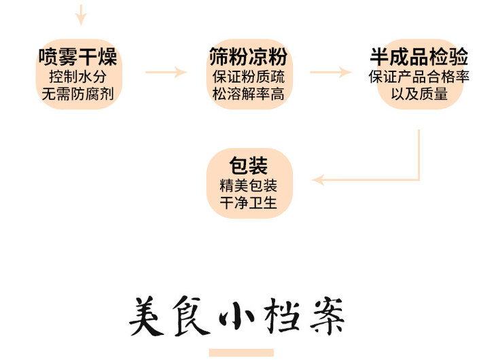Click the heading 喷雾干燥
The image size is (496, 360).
point(78,56)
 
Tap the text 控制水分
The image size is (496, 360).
point(78,76)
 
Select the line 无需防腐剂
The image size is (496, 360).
point(78,94)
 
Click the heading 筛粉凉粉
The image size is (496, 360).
point(248,56)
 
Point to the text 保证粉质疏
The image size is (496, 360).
point(248,76)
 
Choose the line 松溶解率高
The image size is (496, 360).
point(248,94)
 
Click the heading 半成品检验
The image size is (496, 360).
point(419,56)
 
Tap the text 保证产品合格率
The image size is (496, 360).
point(419,76)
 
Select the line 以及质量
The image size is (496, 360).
point(419,94)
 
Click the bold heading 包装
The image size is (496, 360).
point(248,166)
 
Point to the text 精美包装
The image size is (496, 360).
point(248,185)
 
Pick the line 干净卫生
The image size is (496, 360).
point(248,203)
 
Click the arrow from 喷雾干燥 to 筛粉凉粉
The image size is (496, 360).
point(166,72)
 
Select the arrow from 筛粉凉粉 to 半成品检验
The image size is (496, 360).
point(331,72)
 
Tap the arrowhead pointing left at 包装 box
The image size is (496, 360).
point(318,180)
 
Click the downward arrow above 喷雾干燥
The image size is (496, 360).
point(81,14)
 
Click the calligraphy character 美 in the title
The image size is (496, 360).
point(147,317)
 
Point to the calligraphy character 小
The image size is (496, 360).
point(236,317)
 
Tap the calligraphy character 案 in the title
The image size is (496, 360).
point(326,317)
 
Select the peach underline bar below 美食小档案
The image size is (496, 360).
point(241,353)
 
